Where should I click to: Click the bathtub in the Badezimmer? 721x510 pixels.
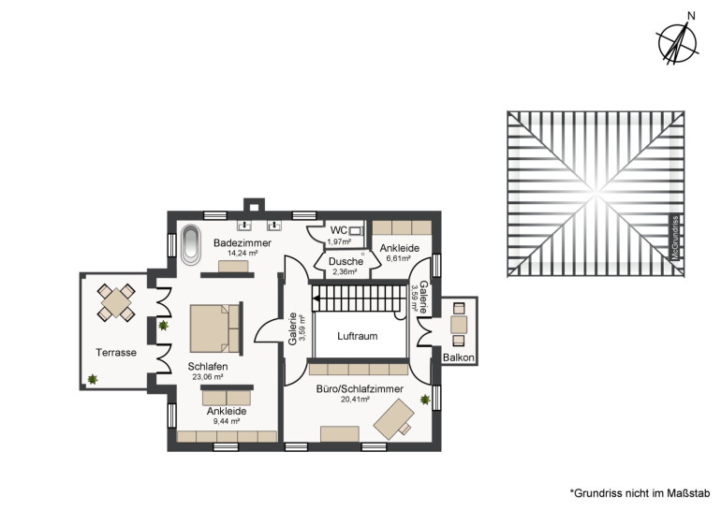pos(190,245)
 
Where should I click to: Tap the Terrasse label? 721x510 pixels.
pos(116,353)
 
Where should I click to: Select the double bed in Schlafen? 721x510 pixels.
pos(215,328)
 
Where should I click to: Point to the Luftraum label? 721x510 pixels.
pos(358,336)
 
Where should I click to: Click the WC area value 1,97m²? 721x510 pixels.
pos(339,241)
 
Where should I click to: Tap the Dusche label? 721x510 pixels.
pos(346,261)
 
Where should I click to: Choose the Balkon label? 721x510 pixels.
pos(459,357)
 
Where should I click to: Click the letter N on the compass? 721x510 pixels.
pos(691,16)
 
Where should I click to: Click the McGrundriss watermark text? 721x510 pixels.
pos(675,238)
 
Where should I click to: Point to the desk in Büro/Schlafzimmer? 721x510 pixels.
pos(393,419)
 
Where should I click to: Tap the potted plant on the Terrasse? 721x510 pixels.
pos(93,379)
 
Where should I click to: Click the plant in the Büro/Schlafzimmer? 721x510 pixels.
pos(425,400)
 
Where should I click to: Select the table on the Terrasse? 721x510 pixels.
pos(116,302)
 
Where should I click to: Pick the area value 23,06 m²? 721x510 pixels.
pos(207,377)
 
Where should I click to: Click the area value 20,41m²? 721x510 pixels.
pos(355,400)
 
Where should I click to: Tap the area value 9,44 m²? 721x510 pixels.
pos(227,421)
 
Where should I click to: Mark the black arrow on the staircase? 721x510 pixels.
pos(316,299)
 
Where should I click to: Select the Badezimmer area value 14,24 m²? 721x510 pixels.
pos(243,253)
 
